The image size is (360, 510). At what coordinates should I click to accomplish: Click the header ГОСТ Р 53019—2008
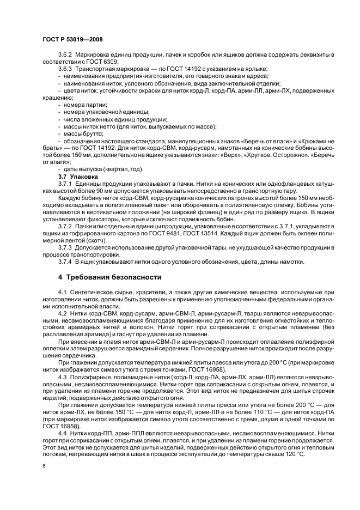[72, 40]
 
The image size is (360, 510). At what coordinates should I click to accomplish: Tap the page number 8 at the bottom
[44, 466]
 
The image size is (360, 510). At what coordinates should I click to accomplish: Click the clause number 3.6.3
[65, 69]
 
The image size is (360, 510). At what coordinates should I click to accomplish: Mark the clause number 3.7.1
[65, 184]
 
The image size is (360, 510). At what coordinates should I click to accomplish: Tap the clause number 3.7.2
[65, 228]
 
